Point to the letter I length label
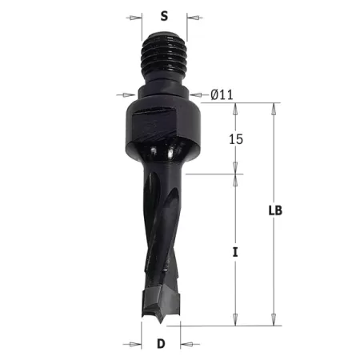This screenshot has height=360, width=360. click(x=234, y=252)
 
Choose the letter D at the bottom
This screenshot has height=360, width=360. click(x=161, y=346)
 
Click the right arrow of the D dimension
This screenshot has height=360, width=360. click(x=186, y=345)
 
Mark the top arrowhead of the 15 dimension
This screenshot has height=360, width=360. click(x=236, y=108)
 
